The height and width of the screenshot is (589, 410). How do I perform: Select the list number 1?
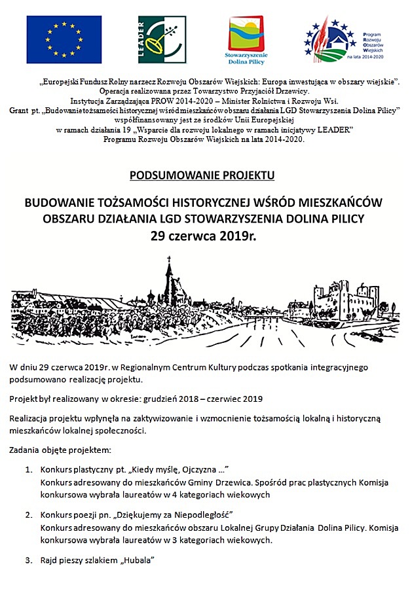coord(29,470)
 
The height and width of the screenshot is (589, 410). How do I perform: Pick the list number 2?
coord(29,515)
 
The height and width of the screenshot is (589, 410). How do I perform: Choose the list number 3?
coord(29,560)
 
